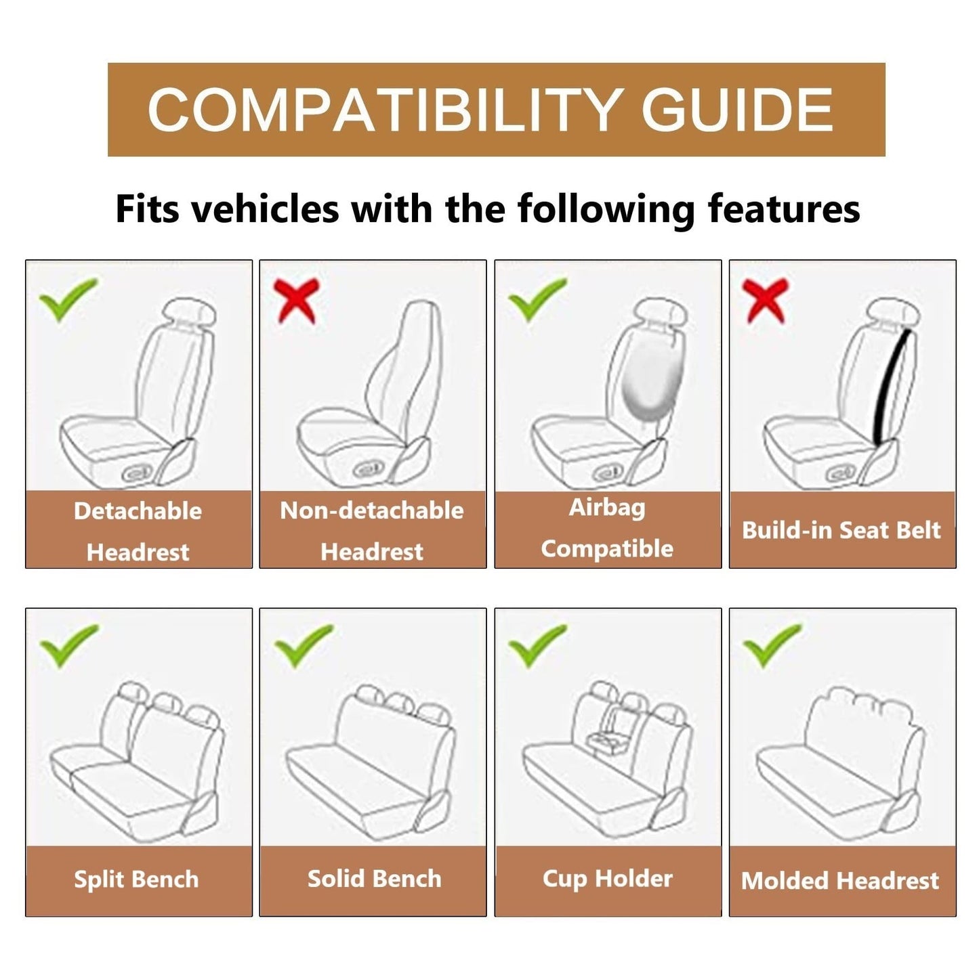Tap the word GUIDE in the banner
pyautogui.click(x=737, y=110)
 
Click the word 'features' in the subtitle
pyautogui.click(x=784, y=209)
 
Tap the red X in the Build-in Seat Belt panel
pyautogui.click(x=766, y=300)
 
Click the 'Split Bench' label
pyautogui.click(x=136, y=880)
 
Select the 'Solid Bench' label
pyautogui.click(x=374, y=879)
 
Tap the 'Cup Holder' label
pyautogui.click(x=607, y=879)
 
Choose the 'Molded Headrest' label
pyautogui.click(x=840, y=881)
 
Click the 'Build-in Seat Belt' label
pyautogui.click(x=841, y=530)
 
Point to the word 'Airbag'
pyautogui.click(x=607, y=508)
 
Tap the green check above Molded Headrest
pyautogui.click(x=772, y=644)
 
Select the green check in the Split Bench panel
pyautogui.click(x=68, y=644)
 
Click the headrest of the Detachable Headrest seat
pyautogui.click(x=190, y=315)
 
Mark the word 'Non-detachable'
pyautogui.click(x=372, y=511)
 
